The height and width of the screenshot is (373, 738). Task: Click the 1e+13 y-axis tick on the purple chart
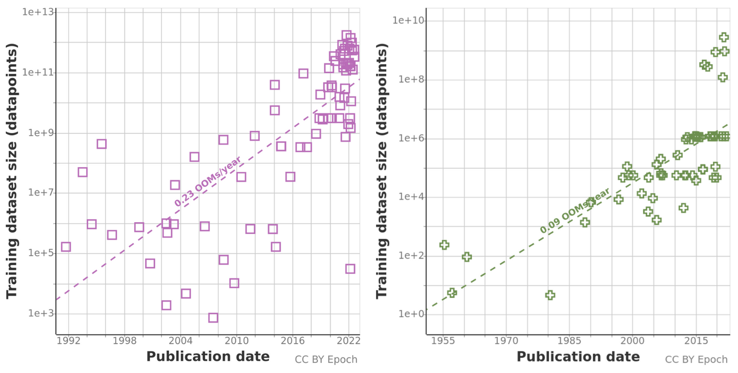click(x=38, y=12)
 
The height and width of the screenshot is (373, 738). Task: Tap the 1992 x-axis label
click(x=69, y=341)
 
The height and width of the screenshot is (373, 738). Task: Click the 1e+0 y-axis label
click(x=409, y=314)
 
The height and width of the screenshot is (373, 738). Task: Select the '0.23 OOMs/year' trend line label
click(x=208, y=181)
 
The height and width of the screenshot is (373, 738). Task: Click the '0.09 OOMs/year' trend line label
click(x=575, y=210)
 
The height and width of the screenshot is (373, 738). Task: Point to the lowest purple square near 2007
click(x=213, y=318)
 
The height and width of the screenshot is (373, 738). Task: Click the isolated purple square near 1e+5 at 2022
click(x=350, y=269)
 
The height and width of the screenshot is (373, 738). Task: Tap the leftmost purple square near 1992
click(x=66, y=247)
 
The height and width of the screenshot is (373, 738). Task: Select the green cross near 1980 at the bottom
click(x=550, y=295)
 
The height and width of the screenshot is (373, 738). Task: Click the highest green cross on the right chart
click(x=724, y=37)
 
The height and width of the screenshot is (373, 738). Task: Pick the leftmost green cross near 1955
click(x=444, y=245)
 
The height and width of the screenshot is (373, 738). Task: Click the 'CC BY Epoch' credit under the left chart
click(x=326, y=359)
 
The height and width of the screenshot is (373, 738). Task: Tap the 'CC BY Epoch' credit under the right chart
click(x=696, y=359)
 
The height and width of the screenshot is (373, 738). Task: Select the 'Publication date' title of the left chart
click(x=208, y=356)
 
